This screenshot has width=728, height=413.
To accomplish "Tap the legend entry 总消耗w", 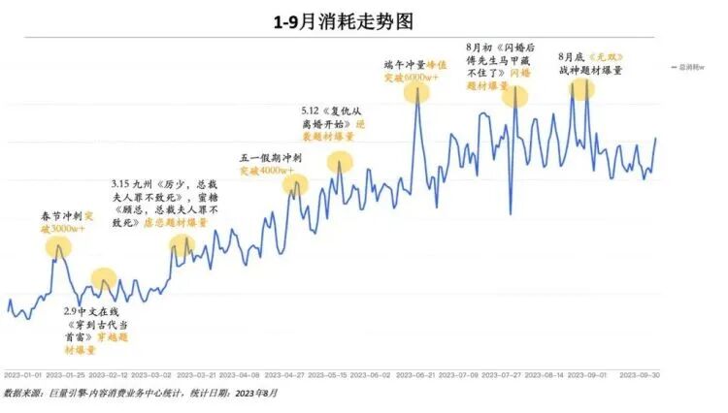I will pyautogui.click(x=692, y=67).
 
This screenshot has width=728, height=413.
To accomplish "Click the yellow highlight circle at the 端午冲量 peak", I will pyautogui.click(x=416, y=92).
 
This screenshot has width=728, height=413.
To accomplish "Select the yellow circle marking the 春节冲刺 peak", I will pyautogui.click(x=58, y=246).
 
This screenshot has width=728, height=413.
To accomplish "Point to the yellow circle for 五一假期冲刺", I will pyautogui.click(x=294, y=183).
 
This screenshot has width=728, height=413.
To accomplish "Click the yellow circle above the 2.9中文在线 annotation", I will pyautogui.click(x=104, y=281).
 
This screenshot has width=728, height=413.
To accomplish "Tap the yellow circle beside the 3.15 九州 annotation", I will pyautogui.click(x=182, y=246).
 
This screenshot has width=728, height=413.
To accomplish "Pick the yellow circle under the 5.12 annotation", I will pyautogui.click(x=340, y=162).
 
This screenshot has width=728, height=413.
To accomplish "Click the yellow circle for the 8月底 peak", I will pyautogui.click(x=581, y=88).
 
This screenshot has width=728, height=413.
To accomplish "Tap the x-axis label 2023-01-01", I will pyautogui.click(x=23, y=374).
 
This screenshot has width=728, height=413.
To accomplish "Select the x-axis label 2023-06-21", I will pyautogui.click(x=418, y=374).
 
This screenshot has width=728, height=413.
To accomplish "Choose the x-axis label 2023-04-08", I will pyautogui.click(x=239, y=374).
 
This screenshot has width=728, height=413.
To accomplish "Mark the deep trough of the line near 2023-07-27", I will pyautogui.click(x=510, y=212).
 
